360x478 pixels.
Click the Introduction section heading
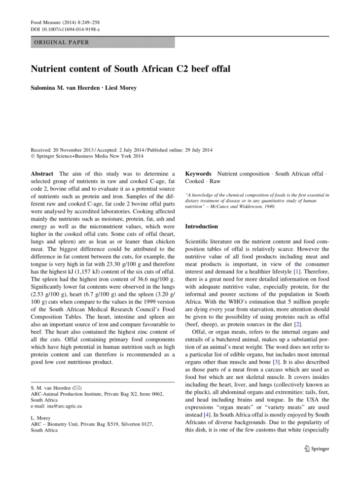point(201,226)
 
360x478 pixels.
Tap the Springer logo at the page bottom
point(316,448)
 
